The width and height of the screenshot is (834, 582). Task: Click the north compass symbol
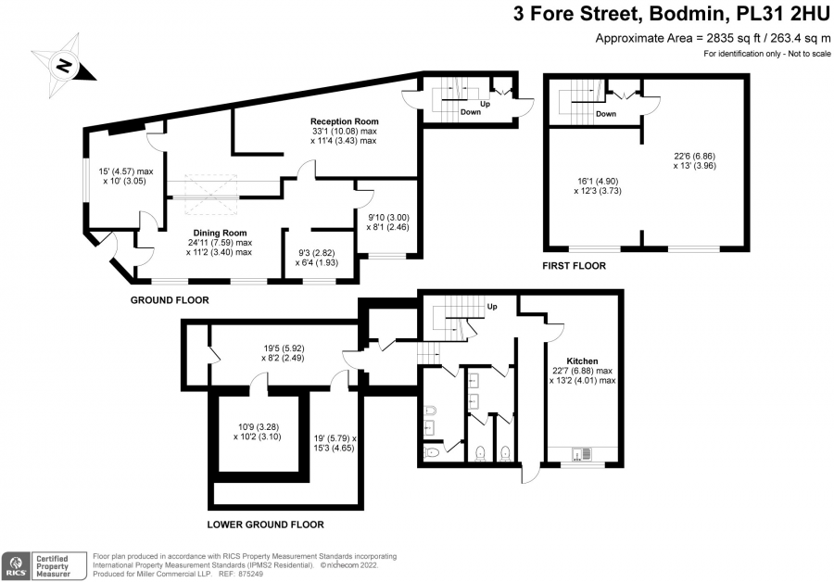click(x=64, y=66)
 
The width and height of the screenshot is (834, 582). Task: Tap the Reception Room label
click(x=344, y=121)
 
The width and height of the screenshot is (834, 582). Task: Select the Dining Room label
click(x=220, y=233)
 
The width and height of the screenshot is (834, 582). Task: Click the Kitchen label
click(x=583, y=361)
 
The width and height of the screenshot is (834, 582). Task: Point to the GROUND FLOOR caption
click(x=170, y=300)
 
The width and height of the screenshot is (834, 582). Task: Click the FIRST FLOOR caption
click(x=574, y=265)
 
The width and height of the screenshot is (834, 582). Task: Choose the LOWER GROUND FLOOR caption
click(x=265, y=525)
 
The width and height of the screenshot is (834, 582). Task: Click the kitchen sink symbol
click(x=582, y=454)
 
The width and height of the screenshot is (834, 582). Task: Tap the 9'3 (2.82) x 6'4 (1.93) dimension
click(x=317, y=258)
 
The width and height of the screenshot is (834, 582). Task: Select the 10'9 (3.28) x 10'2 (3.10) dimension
click(x=258, y=432)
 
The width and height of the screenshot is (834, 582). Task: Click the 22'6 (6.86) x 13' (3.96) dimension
click(x=695, y=160)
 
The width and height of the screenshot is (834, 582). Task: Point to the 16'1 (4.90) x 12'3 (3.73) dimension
click(x=598, y=185)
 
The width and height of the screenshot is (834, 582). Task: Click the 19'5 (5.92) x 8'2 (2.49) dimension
click(x=284, y=353)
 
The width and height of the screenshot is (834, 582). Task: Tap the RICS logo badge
click(x=44, y=565)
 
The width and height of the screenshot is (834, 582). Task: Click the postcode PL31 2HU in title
click(x=782, y=14)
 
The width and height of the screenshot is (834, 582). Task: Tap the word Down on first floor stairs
click(x=606, y=114)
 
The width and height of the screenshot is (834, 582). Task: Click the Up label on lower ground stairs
click(x=492, y=307)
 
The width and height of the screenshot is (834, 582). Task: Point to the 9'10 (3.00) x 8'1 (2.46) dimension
click(x=388, y=221)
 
